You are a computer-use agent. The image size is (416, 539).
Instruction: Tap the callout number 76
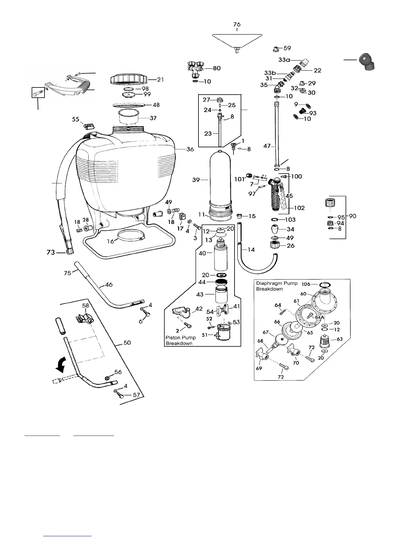[237, 24]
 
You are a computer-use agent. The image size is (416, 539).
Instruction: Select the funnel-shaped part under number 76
[237, 41]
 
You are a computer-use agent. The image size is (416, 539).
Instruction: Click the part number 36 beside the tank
[190, 149]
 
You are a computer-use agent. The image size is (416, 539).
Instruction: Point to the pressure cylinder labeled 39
[221, 180]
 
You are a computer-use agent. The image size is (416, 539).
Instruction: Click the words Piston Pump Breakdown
[180, 340]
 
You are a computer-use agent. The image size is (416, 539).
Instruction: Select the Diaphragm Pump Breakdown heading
[277, 286]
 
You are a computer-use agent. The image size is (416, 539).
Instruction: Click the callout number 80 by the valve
[216, 68]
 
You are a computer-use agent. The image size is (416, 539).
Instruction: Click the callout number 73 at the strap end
[51, 252]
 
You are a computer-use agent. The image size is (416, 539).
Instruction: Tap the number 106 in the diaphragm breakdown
[306, 284]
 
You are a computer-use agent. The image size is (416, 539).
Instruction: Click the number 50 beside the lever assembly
[127, 343]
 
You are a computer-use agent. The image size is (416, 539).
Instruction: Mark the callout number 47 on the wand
[267, 146]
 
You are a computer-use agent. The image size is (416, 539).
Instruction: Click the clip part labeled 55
[88, 126]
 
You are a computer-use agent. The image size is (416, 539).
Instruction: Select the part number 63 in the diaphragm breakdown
[339, 339]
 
